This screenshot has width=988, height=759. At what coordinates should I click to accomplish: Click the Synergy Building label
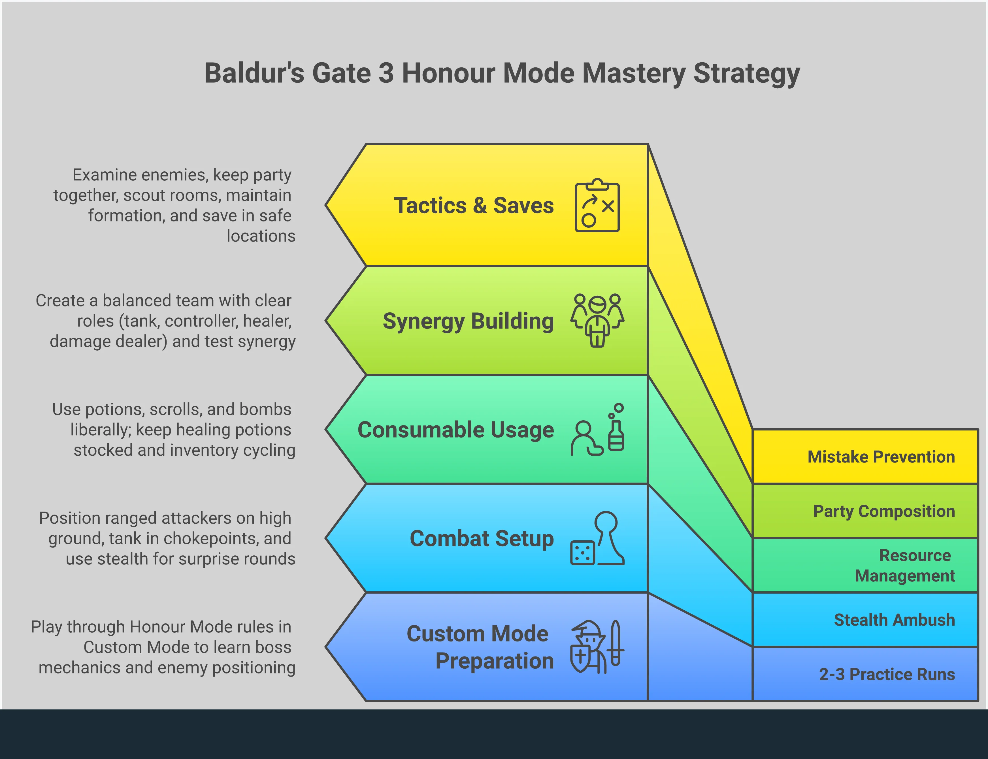tap(468, 321)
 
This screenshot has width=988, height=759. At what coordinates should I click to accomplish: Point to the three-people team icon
tap(597, 320)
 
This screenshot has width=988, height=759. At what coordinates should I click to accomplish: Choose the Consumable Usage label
tap(455, 430)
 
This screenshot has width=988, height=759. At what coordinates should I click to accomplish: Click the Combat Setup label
tap(482, 539)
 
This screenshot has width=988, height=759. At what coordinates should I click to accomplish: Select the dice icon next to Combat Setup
tap(582, 552)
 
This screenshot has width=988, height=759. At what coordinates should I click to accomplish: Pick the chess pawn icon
tap(608, 538)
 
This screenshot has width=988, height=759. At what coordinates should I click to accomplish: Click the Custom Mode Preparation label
tap(480, 647)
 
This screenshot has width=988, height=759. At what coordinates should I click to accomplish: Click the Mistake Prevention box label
tap(881, 457)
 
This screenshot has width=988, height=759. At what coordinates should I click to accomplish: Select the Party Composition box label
tap(884, 511)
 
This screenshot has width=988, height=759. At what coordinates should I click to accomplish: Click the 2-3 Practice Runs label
tap(887, 674)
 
